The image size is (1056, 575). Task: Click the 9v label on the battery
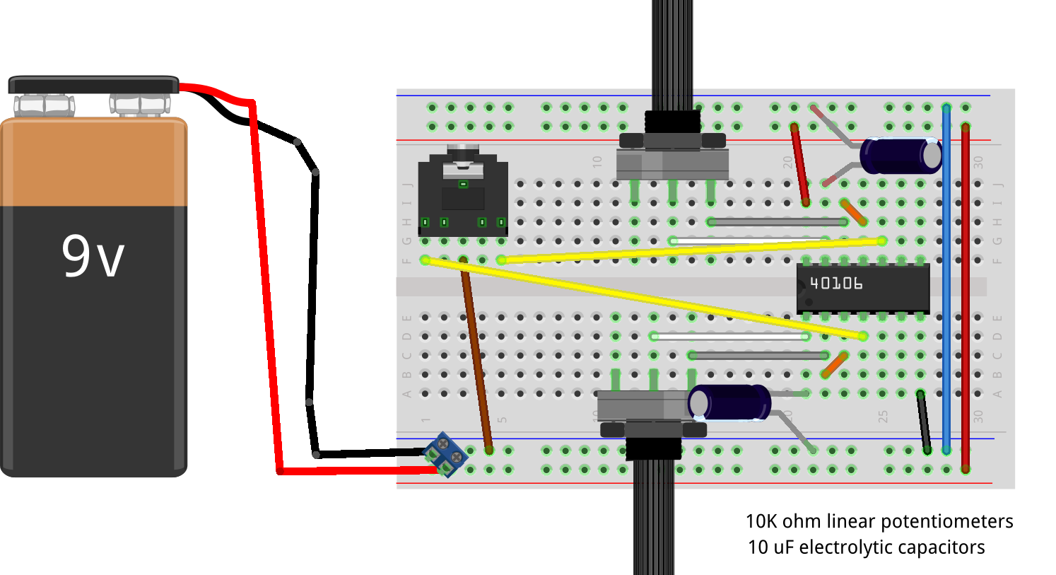(x=93, y=256)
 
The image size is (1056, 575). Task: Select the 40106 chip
(x=862, y=287)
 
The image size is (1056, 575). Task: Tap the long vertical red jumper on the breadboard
(x=965, y=297)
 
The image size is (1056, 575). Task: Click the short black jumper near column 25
(x=923, y=421)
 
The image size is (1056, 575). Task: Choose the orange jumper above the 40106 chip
(x=853, y=212)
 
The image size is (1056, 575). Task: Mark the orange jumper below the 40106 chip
(x=834, y=365)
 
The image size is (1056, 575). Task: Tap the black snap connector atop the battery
(x=93, y=86)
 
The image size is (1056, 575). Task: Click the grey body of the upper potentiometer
(x=671, y=164)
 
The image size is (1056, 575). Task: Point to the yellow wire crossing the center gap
(x=643, y=298)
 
